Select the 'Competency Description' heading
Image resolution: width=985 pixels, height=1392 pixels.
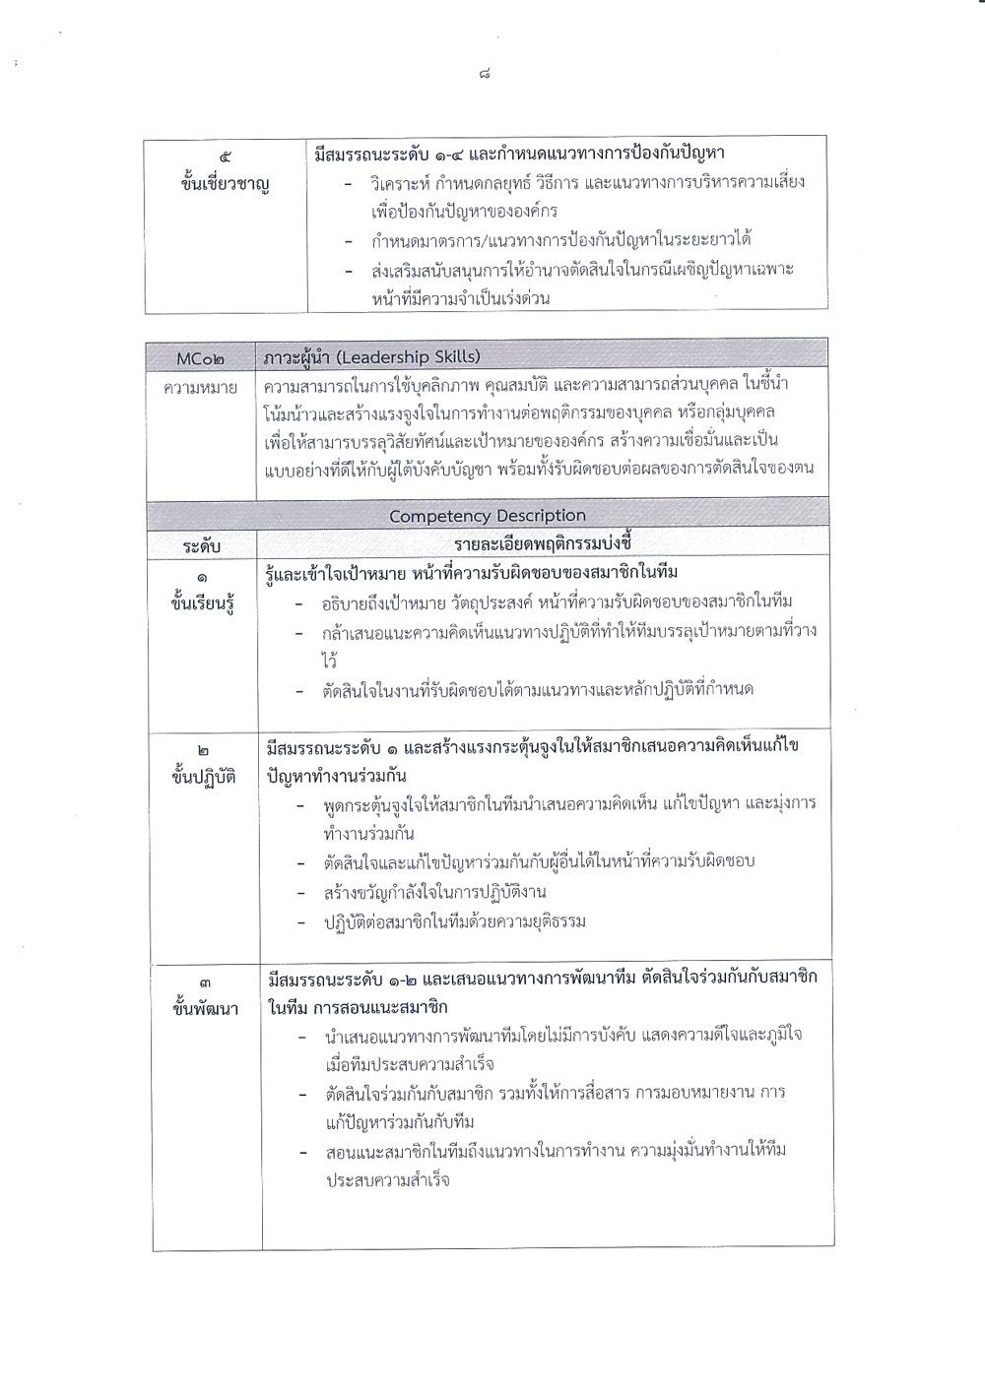[487, 516]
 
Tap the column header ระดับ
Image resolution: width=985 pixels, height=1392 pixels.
[201, 545]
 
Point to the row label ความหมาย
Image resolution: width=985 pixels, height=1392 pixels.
[201, 388]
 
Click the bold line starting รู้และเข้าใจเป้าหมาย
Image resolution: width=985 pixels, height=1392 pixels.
[472, 572]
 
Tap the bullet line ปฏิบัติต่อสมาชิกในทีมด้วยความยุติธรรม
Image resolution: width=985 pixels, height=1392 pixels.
[454, 922]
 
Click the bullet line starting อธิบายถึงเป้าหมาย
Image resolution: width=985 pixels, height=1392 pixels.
[557, 601]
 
